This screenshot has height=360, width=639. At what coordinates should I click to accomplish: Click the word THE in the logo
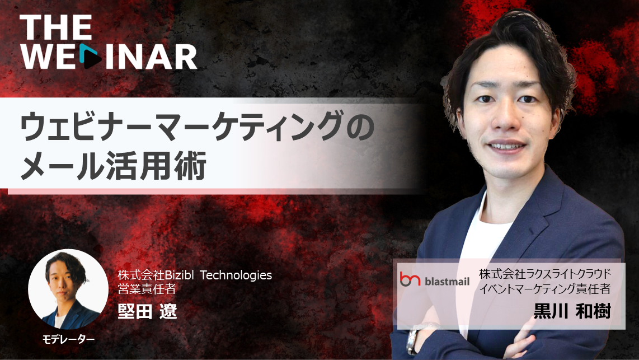pos(56,27)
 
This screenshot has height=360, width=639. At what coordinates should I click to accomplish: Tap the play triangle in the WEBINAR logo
pos(90,56)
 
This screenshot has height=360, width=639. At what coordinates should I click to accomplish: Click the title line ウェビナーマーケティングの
pos(198,127)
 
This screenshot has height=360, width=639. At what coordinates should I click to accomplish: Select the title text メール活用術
pos(113,166)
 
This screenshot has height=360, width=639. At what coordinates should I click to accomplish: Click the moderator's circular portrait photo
pos(68,289)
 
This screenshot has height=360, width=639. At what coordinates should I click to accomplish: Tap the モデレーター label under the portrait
pos(68,339)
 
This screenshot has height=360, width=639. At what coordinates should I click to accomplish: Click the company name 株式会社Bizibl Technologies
pos(195,275)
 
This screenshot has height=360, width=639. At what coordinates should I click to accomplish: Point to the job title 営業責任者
pos(147,289)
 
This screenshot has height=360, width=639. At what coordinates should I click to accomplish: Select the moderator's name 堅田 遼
pos(147,311)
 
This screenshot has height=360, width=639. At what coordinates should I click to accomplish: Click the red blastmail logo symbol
pos(410,279)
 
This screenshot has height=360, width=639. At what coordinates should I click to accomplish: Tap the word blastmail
pos(447,281)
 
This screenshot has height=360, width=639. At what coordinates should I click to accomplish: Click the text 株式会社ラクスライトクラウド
pos(545,273)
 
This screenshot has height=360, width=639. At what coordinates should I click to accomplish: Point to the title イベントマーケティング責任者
pos(545,289)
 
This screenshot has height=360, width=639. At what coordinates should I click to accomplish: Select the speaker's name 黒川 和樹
pos(572,311)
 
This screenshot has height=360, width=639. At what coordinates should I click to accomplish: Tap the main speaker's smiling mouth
pos(506,146)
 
